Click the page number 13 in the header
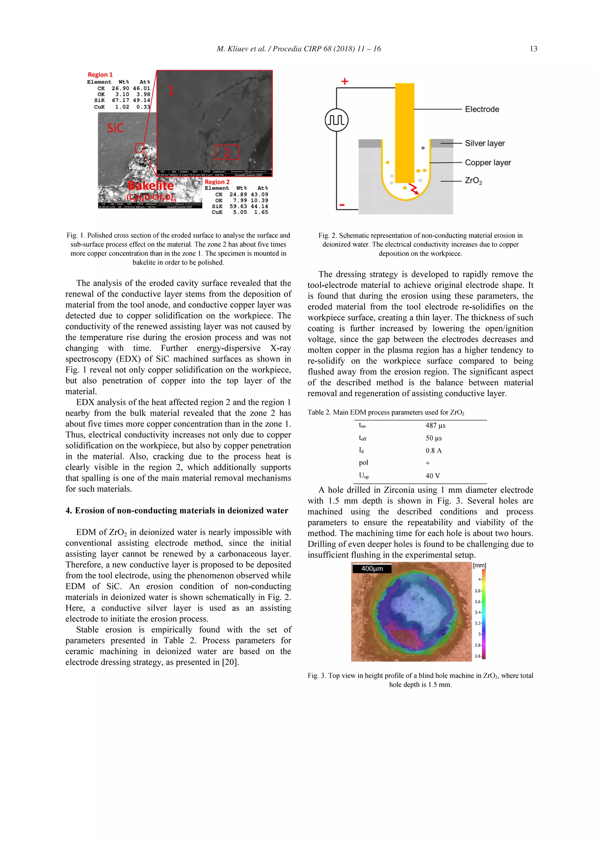(533, 49)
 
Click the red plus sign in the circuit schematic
(345, 81)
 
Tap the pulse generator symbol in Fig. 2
(336, 120)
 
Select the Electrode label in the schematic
(482, 109)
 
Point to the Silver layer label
(484, 143)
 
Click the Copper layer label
(487, 163)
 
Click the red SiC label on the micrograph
(115, 128)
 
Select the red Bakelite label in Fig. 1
(151, 186)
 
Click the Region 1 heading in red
(100, 75)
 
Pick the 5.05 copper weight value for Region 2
(240, 212)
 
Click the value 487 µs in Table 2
(435, 426)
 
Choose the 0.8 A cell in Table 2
(433, 451)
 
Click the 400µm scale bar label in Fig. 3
(372, 569)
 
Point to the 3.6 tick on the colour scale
(477, 602)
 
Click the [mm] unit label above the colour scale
(479, 566)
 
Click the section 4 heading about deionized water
(176, 511)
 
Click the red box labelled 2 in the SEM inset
(227, 152)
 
